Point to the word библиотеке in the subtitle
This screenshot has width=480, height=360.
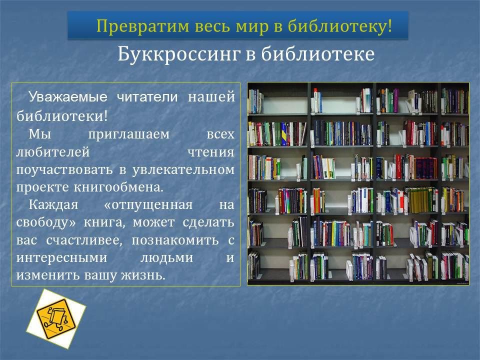[318, 54]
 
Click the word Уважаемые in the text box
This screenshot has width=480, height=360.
[68, 97]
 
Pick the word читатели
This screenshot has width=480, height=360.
[147, 97]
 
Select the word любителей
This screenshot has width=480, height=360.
[53, 152]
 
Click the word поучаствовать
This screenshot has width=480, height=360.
[64, 169]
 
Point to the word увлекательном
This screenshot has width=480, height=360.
[183, 170]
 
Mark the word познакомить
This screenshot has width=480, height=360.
[175, 240]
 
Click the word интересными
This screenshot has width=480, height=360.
[61, 258]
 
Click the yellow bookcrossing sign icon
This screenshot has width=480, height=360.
[55, 319]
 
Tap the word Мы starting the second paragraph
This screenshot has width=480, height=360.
[40, 134]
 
